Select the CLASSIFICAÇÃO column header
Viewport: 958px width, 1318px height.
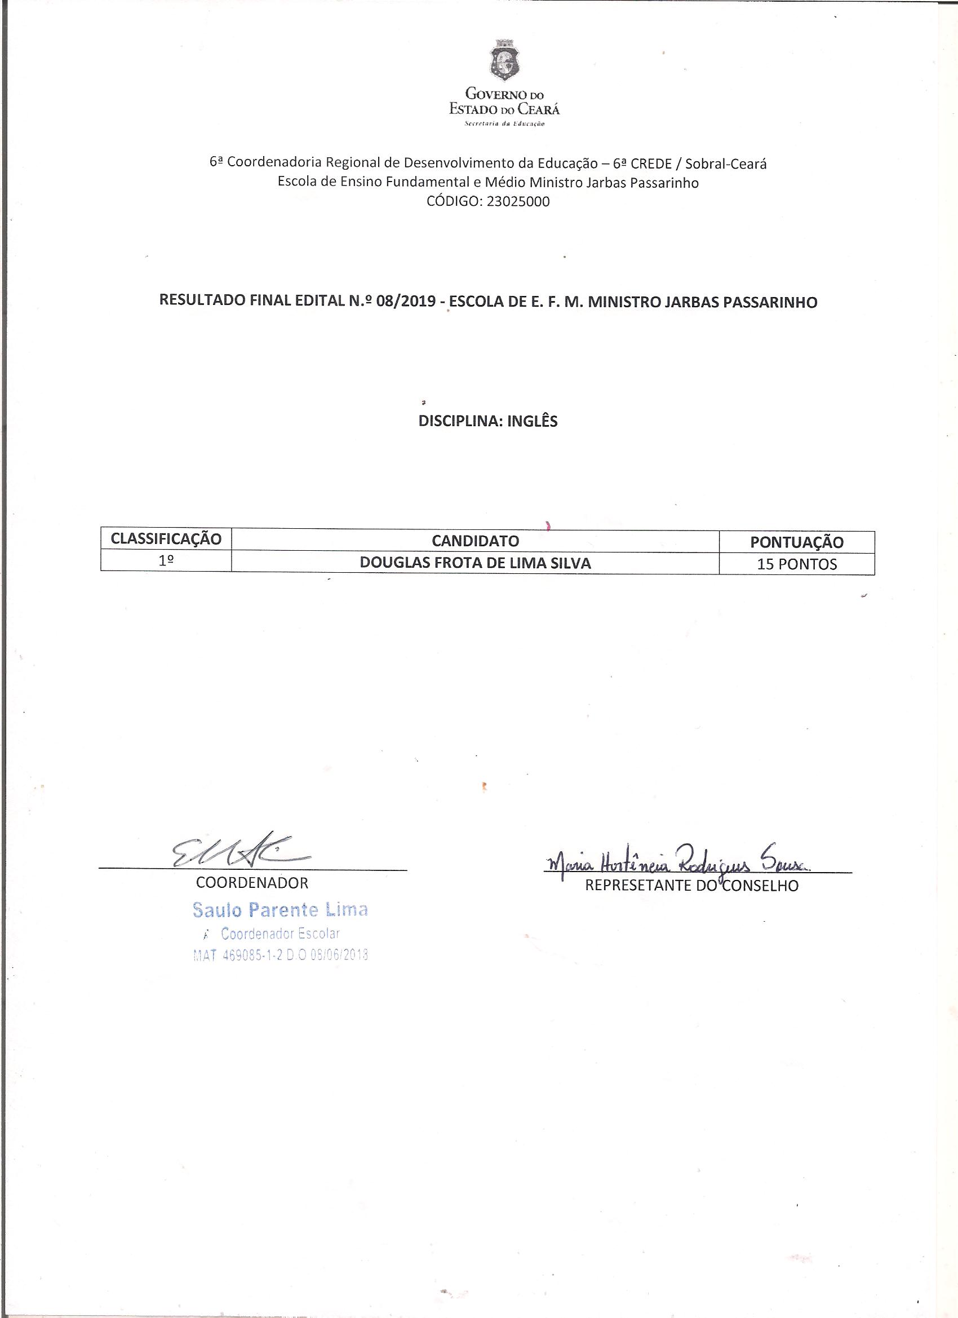click(166, 539)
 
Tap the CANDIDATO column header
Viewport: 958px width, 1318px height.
click(475, 541)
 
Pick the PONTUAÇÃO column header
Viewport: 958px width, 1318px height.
click(796, 542)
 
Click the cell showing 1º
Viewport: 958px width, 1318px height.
click(166, 563)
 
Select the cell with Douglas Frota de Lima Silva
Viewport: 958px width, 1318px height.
click(475, 563)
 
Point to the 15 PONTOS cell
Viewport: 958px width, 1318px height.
click(796, 564)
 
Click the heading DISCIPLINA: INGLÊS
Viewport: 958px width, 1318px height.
click(488, 421)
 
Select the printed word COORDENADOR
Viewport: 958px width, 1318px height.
click(252, 883)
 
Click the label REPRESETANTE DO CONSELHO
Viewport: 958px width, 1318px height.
click(691, 885)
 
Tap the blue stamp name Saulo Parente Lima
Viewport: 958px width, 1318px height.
click(280, 909)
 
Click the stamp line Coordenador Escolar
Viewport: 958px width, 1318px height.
click(280, 934)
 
